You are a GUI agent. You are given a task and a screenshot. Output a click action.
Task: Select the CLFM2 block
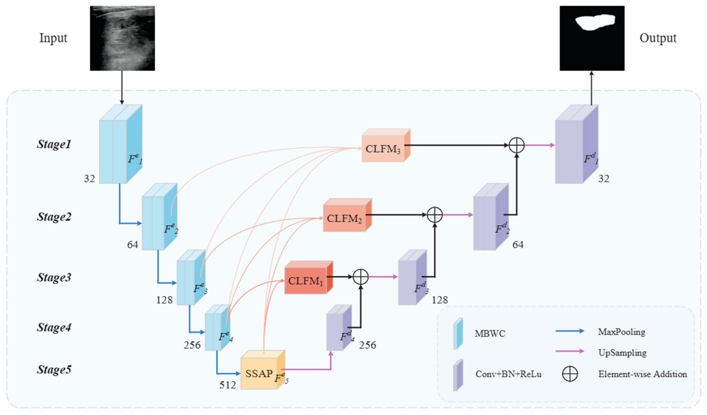point(347,215)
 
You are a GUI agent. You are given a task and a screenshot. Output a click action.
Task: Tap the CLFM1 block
point(309,278)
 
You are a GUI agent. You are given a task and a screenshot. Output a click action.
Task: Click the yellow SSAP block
point(262,370)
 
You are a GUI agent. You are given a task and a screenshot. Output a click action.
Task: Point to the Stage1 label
point(54,144)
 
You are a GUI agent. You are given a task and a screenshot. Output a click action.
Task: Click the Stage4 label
point(54,327)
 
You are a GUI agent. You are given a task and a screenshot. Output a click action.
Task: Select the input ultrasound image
point(122,38)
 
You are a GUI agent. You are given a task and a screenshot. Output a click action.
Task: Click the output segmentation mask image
point(592,38)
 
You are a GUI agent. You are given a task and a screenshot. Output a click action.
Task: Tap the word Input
point(53,38)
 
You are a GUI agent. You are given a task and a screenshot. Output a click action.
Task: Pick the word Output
point(658,38)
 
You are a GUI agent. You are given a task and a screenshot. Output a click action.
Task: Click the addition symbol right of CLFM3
point(517,145)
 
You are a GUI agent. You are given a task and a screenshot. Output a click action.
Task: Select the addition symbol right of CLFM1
point(360,277)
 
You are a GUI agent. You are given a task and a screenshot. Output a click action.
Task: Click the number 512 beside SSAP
point(228,385)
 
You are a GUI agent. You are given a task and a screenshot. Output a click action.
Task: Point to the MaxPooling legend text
point(622,332)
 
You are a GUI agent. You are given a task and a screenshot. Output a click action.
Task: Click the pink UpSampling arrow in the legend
point(570,351)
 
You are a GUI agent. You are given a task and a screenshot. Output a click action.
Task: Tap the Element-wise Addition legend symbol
point(570,374)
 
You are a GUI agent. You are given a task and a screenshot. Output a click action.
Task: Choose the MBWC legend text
point(490,333)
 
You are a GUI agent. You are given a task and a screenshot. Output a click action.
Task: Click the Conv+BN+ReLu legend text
point(508,374)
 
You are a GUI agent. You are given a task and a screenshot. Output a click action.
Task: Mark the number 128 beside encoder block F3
point(164,300)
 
